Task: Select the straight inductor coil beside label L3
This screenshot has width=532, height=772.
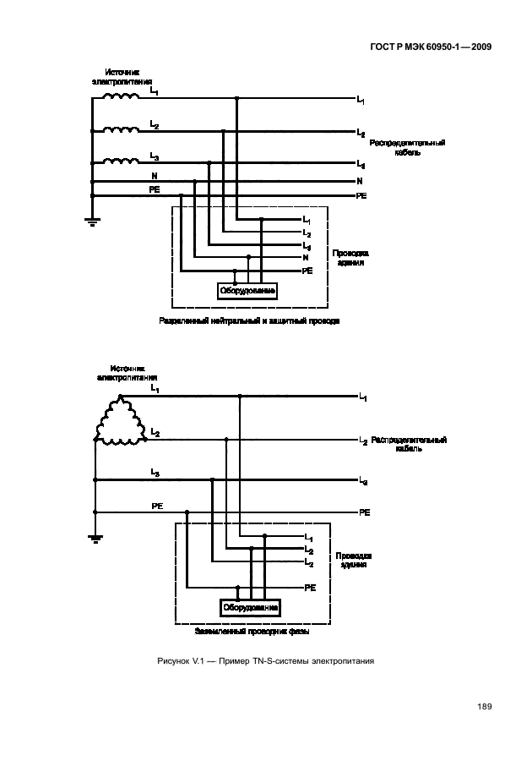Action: click(121, 161)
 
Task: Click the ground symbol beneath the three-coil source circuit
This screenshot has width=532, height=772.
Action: click(90, 222)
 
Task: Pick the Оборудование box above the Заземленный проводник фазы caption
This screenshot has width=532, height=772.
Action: click(250, 609)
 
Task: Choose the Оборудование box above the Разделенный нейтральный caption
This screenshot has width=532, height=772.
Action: click(247, 291)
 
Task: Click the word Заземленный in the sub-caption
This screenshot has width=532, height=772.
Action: click(220, 632)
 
